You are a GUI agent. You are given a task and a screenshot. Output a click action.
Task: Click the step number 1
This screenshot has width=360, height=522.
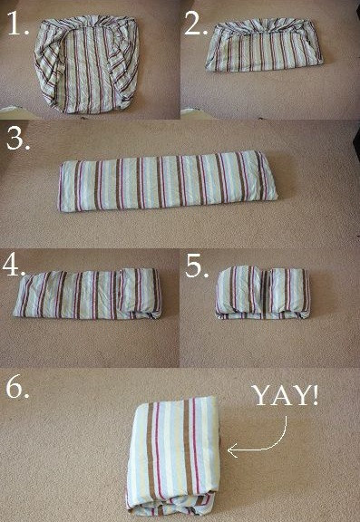[x=18, y=23]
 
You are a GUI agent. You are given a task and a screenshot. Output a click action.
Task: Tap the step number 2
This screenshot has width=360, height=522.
[x=196, y=23]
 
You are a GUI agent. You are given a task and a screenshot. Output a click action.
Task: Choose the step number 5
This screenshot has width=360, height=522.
[x=197, y=266]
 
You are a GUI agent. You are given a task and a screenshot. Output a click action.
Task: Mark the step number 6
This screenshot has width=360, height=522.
[x=18, y=387]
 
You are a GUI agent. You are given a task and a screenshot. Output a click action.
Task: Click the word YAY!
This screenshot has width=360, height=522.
[x=286, y=395]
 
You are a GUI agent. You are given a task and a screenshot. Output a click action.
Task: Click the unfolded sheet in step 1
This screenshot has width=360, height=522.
[x=86, y=64]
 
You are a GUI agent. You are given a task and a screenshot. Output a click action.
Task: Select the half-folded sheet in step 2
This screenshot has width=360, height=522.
[x=264, y=45]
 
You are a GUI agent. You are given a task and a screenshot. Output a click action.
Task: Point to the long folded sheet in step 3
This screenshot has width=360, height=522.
[x=168, y=181]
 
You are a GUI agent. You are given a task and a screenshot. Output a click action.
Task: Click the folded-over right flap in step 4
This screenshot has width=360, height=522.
[x=141, y=293]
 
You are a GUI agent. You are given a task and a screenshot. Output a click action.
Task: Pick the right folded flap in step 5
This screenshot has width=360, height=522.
[x=289, y=292]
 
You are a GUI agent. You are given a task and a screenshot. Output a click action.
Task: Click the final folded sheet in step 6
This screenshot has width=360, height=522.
[x=173, y=456]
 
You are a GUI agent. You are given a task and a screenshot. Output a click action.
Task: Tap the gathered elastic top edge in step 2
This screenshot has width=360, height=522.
[x=264, y=26]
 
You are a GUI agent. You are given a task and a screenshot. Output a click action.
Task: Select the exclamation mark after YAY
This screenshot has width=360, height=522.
[x=315, y=395]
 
